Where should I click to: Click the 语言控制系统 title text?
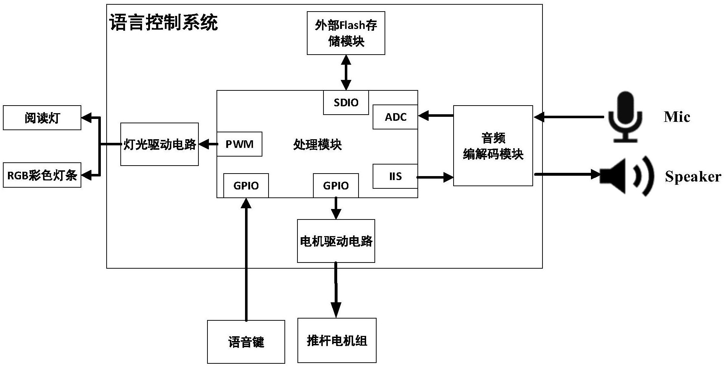pyautogui.click(x=163, y=22)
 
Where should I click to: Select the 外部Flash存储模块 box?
pyautogui.click(x=346, y=33)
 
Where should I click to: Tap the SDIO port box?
pyautogui.click(x=346, y=103)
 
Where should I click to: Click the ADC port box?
pyautogui.click(x=395, y=117)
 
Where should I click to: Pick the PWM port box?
pyautogui.click(x=239, y=144)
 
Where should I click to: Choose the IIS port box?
pyautogui.click(x=395, y=176)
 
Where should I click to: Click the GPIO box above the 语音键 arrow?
pyautogui.click(x=246, y=186)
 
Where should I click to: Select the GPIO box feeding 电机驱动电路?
pyautogui.click(x=336, y=186)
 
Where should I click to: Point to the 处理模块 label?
pyautogui.click(x=317, y=145)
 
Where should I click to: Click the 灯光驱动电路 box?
pyautogui.click(x=159, y=144)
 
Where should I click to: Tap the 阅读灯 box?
pyautogui.click(x=42, y=118)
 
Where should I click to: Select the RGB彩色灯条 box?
pyautogui.click(x=42, y=175)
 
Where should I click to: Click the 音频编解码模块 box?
pyautogui.click(x=493, y=146)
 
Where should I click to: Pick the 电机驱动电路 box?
pyautogui.click(x=336, y=241)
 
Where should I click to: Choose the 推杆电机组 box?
pyautogui.click(x=337, y=341)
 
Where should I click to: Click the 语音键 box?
pyautogui.click(x=246, y=342)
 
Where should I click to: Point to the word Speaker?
pyautogui.click(x=692, y=176)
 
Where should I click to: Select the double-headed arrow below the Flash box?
pyautogui.click(x=346, y=73)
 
